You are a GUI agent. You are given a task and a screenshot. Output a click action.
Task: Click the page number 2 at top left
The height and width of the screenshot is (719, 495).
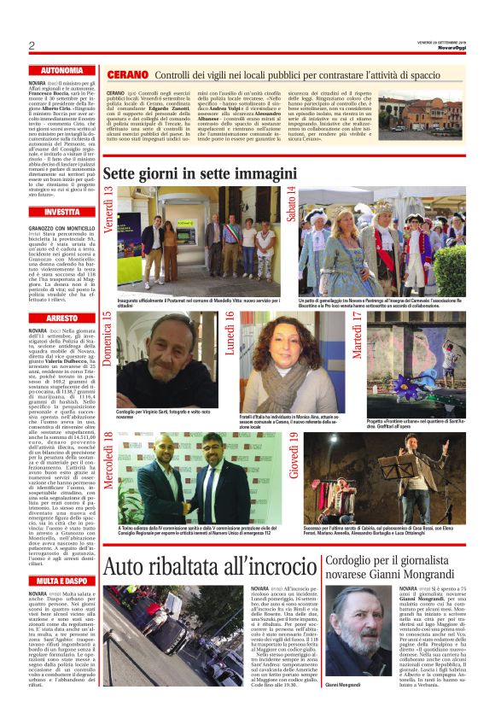(31, 45)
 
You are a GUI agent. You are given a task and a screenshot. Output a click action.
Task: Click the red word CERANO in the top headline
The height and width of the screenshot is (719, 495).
(129, 76)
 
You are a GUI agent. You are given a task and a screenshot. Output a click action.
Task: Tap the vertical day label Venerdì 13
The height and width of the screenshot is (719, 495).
(108, 208)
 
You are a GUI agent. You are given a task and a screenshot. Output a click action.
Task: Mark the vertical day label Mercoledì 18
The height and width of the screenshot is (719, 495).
(108, 460)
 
